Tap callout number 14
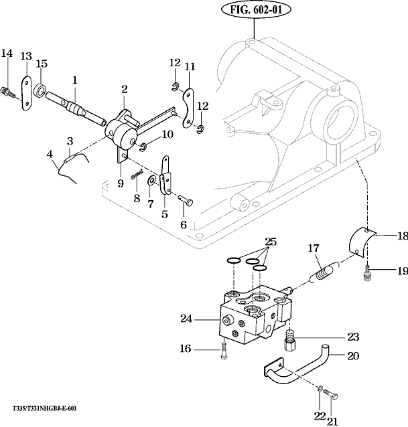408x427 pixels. point(7,54)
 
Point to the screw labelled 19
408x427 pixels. point(367,272)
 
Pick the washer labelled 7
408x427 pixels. point(153,181)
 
